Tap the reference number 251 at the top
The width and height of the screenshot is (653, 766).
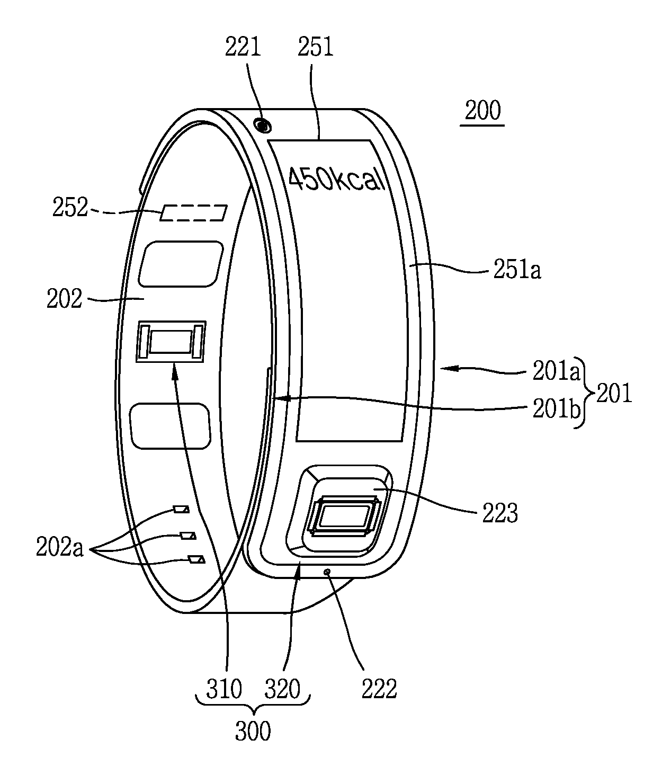tap(316, 48)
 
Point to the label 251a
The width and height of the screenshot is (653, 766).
tap(517, 271)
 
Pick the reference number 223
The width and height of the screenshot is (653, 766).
tap(499, 513)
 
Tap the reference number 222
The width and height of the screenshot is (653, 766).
tap(379, 689)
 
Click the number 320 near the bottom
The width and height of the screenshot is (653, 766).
tap(283, 689)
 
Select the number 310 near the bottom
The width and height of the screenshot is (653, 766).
tap(225, 689)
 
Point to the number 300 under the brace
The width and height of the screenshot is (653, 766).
tap(253, 731)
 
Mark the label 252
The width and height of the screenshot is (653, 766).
tap(69, 208)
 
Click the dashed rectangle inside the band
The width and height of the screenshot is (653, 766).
tap(193, 212)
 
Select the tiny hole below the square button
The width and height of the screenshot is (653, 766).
tap(328, 572)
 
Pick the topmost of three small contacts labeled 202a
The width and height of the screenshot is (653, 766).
tap(182, 510)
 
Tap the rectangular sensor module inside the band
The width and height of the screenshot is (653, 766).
tap(171, 341)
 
